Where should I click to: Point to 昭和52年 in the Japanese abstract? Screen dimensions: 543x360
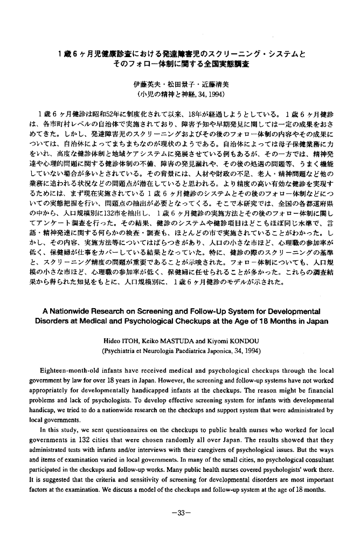tap(104, 114)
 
